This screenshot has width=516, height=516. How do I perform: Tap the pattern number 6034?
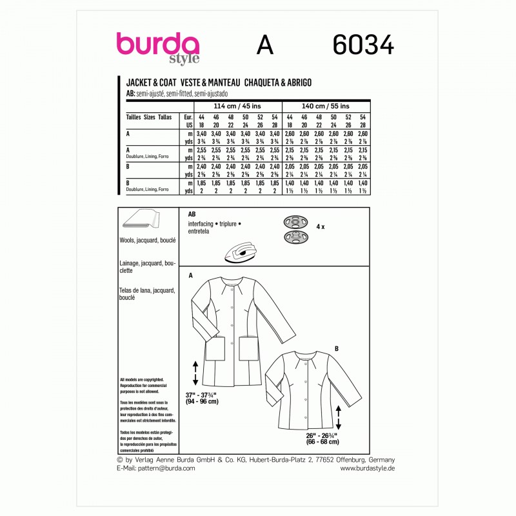click(364, 45)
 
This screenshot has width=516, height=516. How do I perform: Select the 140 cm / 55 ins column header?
click(326, 106)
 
